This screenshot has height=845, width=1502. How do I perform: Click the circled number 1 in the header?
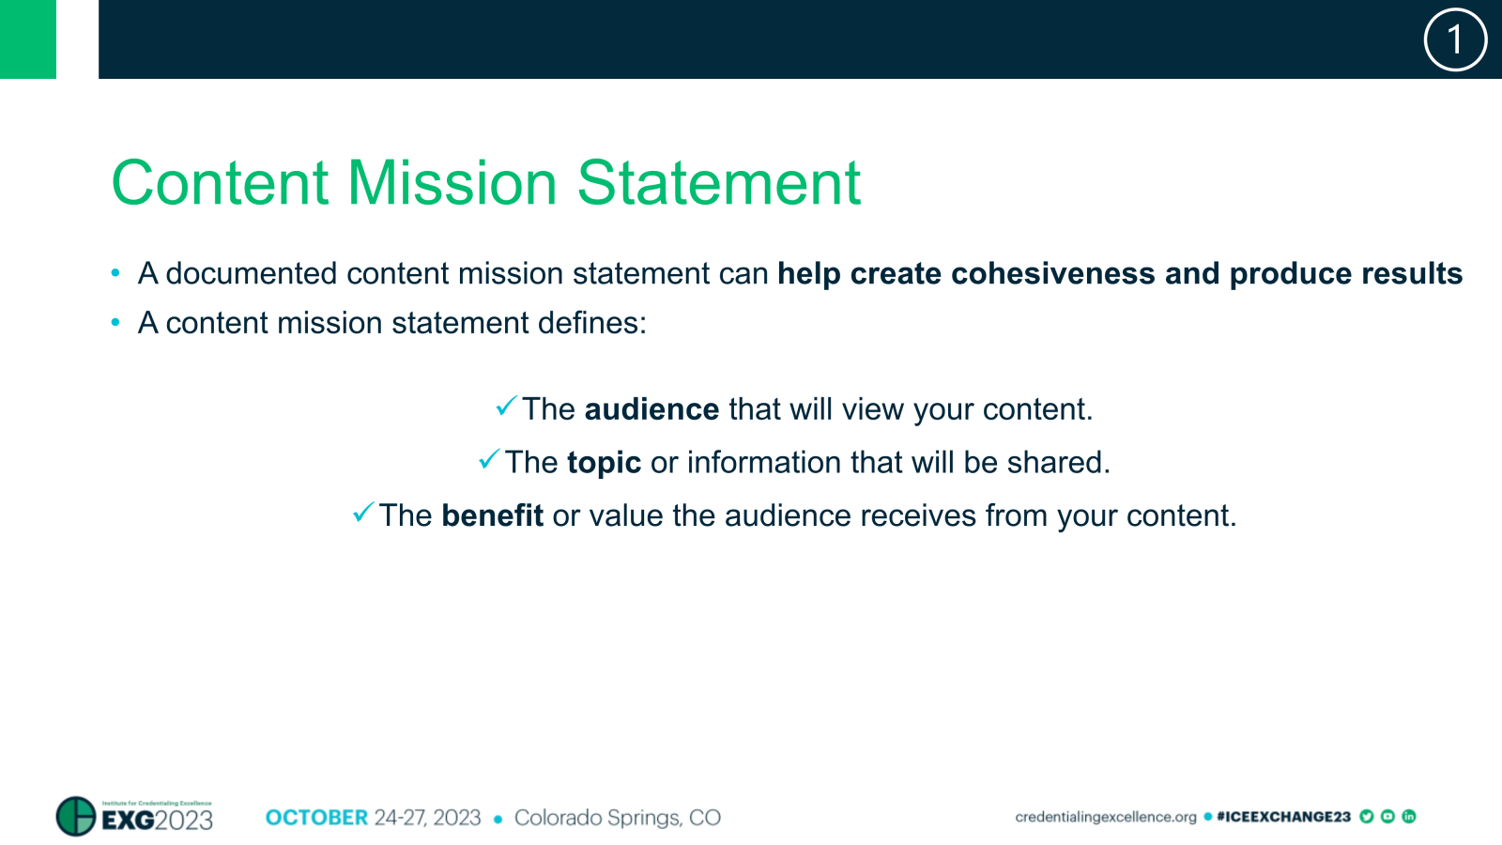tap(1455, 40)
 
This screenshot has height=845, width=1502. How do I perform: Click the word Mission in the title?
tap(452, 183)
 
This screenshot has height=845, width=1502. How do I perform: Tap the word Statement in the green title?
tap(718, 183)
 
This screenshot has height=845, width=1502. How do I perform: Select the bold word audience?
tap(651, 410)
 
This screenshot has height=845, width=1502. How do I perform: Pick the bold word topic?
tap(604, 463)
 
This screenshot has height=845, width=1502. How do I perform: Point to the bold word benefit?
tap(492, 516)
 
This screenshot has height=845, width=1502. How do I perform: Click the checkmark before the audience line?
tap(506, 407)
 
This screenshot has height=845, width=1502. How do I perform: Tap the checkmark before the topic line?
tap(489, 459)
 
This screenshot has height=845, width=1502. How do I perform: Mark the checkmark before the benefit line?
tap(363, 513)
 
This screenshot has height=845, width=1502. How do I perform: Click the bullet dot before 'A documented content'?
tap(115, 274)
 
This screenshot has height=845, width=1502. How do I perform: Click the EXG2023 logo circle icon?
tap(76, 816)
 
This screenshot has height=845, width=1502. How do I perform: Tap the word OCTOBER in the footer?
tap(316, 818)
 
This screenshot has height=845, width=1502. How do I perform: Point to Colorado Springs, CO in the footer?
tap(617, 818)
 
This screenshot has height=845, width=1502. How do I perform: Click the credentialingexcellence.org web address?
tap(1105, 817)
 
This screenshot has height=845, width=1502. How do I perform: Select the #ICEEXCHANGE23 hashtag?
tap(1282, 817)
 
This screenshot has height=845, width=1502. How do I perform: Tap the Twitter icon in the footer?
tap(1367, 817)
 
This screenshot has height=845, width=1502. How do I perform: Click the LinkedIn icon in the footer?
tap(1408, 817)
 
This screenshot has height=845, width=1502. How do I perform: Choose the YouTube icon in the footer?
tap(1387, 817)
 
